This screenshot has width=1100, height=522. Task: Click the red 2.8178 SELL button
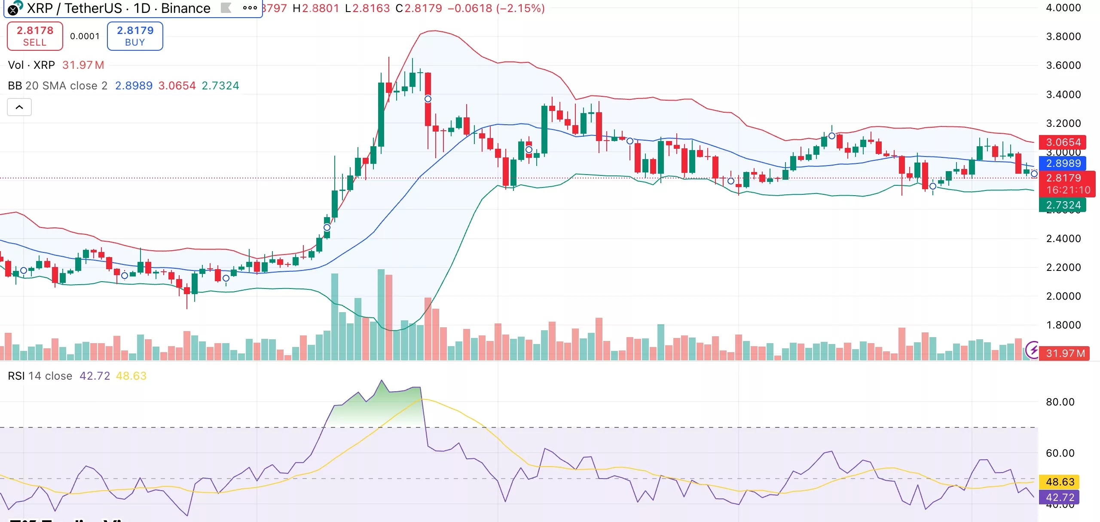pos(35,36)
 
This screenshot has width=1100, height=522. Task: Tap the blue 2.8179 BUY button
pos(135,36)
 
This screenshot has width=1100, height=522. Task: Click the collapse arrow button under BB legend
pos(19,107)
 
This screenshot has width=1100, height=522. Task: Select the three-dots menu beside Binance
pos(250,8)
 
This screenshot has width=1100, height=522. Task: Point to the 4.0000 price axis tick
pos(1063,8)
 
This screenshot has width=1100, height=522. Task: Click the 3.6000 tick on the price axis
pos(1063,65)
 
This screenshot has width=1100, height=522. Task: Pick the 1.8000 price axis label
pos(1063,325)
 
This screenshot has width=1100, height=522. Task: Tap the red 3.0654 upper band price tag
pos(1063,142)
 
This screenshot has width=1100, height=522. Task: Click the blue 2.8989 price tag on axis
pos(1063,163)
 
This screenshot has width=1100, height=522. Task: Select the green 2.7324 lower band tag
pos(1063,205)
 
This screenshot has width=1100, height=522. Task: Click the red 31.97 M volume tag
pos(1065,353)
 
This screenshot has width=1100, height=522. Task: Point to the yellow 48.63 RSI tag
pos(1060,482)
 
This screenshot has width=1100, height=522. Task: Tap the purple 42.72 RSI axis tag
pos(1060,497)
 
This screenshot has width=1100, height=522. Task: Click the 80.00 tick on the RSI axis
pos(1060,402)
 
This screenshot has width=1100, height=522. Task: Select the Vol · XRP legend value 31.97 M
pos(83,65)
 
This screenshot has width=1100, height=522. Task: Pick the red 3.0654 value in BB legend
pos(177,86)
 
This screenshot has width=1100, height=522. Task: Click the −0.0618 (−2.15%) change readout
pos(496,8)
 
